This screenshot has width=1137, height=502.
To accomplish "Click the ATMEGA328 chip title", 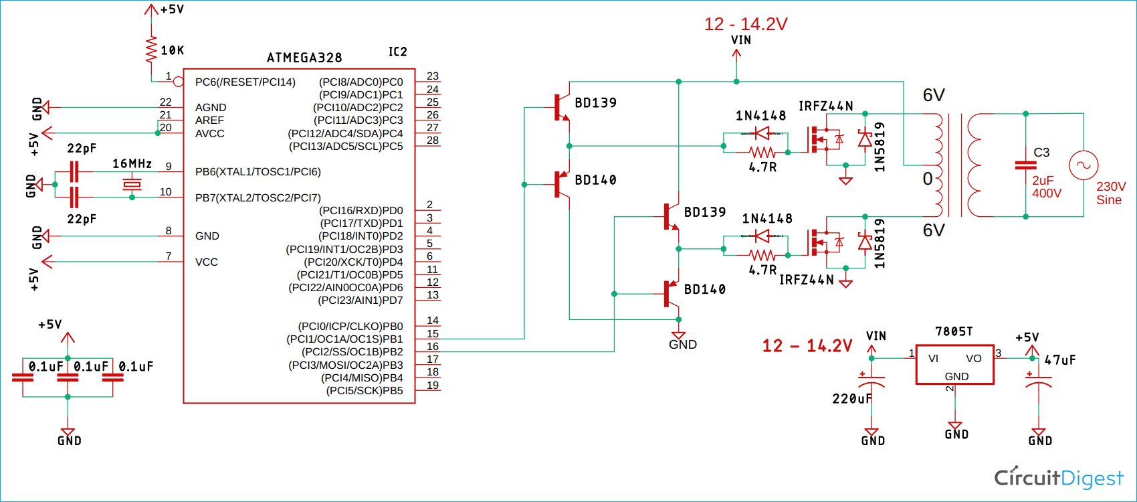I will tap(304, 58).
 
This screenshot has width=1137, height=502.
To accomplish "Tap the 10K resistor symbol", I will tap(152, 50).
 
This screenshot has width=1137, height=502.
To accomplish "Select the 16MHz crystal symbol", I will tap(132, 184).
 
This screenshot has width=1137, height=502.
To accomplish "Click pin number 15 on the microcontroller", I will tap(433, 333).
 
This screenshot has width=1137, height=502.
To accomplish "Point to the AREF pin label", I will tap(209, 120).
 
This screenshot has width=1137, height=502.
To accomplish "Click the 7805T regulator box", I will tap(954, 365).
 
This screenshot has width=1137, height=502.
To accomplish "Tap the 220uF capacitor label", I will tap(851, 399).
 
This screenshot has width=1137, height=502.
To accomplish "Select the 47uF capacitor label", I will tap(1060, 360).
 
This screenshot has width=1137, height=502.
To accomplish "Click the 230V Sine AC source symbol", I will tap(1083, 165).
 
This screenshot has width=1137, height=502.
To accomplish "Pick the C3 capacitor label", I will tap(1041, 153).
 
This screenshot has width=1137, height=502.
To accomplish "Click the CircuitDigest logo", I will tap(1059, 478).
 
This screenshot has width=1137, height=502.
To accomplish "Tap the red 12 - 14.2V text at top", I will tap(746, 24).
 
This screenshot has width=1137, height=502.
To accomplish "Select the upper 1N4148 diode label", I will tap(760, 116).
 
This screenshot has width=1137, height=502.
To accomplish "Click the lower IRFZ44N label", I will tap(806, 280).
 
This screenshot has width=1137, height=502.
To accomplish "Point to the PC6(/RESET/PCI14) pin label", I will tap(245, 82).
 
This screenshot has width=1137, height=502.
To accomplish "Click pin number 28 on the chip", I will tap(433, 140).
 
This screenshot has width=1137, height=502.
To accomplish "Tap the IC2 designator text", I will tap(397, 52).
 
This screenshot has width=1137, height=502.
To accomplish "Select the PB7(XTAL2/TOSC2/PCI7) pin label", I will tap(257, 197).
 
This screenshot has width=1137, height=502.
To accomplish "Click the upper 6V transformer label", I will tap(934, 95).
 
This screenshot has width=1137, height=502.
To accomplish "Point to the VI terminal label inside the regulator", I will tap(933, 358).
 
